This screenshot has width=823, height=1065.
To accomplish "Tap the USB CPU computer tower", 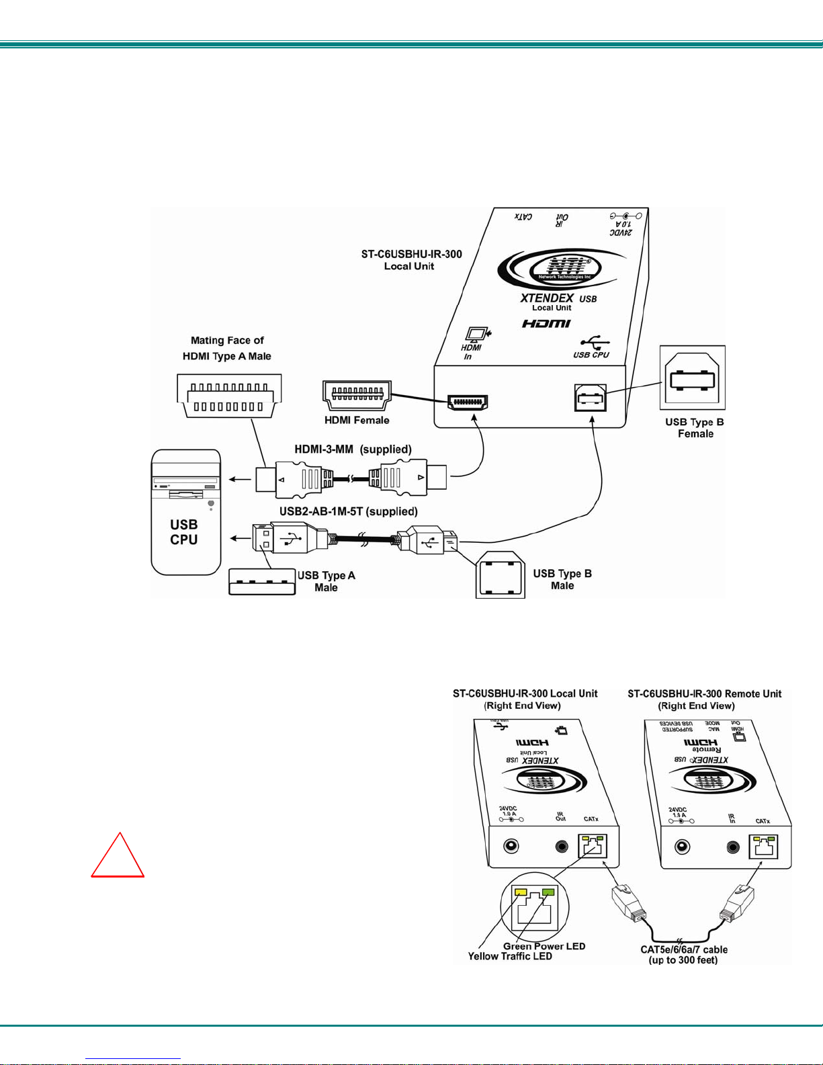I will click(x=186, y=512).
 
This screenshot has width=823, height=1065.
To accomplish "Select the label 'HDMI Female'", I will click(x=357, y=421).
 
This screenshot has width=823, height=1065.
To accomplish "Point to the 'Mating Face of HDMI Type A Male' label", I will click(x=227, y=348).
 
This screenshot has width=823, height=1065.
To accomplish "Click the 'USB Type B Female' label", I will click(x=695, y=428).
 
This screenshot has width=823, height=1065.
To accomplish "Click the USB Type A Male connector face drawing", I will click(x=262, y=582).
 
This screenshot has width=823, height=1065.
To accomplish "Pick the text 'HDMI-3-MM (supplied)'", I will click(x=353, y=449).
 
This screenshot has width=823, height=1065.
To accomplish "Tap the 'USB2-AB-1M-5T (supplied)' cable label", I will click(x=349, y=511).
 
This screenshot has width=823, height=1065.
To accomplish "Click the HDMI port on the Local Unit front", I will click(x=468, y=402).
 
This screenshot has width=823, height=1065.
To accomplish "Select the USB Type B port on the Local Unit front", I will click(x=591, y=398).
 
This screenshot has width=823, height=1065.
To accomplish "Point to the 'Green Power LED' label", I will click(x=544, y=946).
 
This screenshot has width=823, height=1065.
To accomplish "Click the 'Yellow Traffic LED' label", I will click(x=510, y=956).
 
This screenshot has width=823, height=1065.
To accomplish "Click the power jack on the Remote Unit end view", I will click(x=682, y=847).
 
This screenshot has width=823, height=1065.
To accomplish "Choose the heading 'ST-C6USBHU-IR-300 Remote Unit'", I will click(x=704, y=693).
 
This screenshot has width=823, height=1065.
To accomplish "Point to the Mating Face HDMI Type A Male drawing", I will click(x=229, y=397).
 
